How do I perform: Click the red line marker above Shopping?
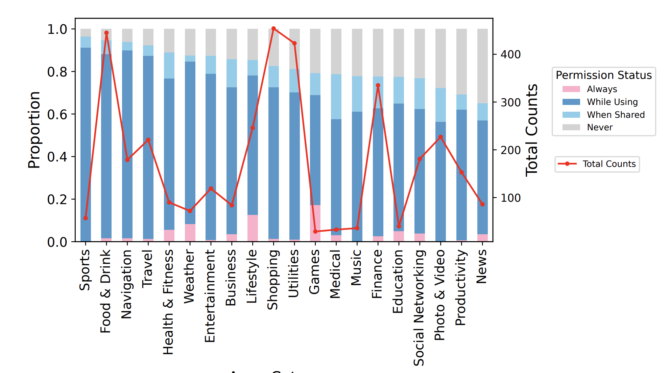[x=273, y=29]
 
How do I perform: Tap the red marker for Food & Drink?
[x=106, y=33]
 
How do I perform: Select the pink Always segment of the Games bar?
[x=315, y=218]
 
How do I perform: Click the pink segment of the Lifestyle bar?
[x=253, y=227]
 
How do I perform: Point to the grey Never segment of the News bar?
[x=482, y=66]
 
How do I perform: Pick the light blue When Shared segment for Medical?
[x=336, y=96]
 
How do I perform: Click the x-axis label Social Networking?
[x=419, y=307]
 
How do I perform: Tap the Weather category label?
[x=190, y=276]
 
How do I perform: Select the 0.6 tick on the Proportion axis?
[x=57, y=114]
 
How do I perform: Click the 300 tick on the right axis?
[x=510, y=102]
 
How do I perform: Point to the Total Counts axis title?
[x=531, y=130]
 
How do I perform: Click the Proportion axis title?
[x=34, y=130]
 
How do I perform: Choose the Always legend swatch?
[x=571, y=89]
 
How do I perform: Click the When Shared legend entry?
[x=615, y=115]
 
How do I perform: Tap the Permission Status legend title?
[x=603, y=75]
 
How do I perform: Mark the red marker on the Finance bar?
[x=378, y=86]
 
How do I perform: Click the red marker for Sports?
[x=86, y=218]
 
